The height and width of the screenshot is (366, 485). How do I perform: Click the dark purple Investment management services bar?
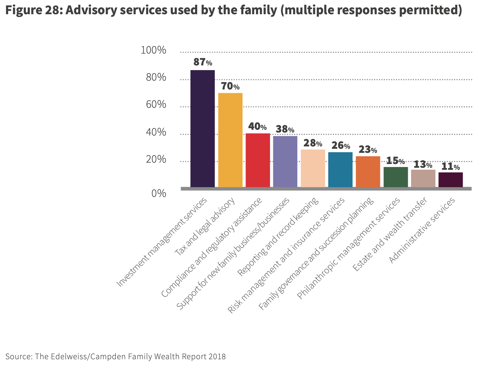tap(203, 128)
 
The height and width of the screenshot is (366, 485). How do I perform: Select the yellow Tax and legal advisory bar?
tap(230, 140)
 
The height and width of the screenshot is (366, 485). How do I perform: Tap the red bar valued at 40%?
tap(258, 160)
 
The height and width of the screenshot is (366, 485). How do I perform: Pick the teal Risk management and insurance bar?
tap(340, 169)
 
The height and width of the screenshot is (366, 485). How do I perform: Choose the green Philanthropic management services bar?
tap(396, 177)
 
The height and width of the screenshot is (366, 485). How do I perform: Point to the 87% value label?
tap(203, 62)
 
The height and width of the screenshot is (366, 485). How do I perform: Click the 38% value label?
tap(285, 129)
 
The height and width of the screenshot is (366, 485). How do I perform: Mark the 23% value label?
tap(368, 149)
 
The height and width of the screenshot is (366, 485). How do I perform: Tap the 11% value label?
tap(450, 166)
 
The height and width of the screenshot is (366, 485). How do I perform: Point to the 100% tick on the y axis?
tap(154, 50)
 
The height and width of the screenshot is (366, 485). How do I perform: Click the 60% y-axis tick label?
tap(156, 104)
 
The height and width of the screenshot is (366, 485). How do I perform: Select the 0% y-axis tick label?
tap(159, 193)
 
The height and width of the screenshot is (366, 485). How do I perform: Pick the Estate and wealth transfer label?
tap(389, 235)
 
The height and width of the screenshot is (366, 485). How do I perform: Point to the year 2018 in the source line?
tap(217, 357)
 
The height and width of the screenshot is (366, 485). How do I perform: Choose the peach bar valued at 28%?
tap(313, 168)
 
